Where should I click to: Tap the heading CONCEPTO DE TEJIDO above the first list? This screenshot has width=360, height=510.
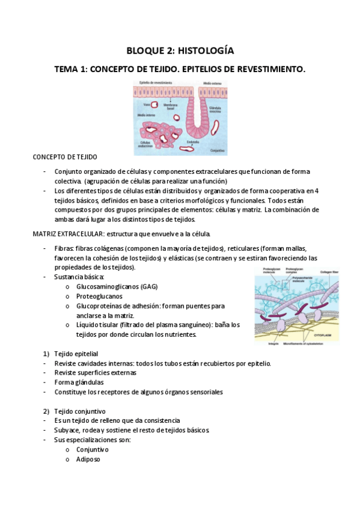click(64, 157)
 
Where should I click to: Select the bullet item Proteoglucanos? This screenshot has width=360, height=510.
click(99, 296)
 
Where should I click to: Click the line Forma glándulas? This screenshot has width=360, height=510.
click(79, 382)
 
